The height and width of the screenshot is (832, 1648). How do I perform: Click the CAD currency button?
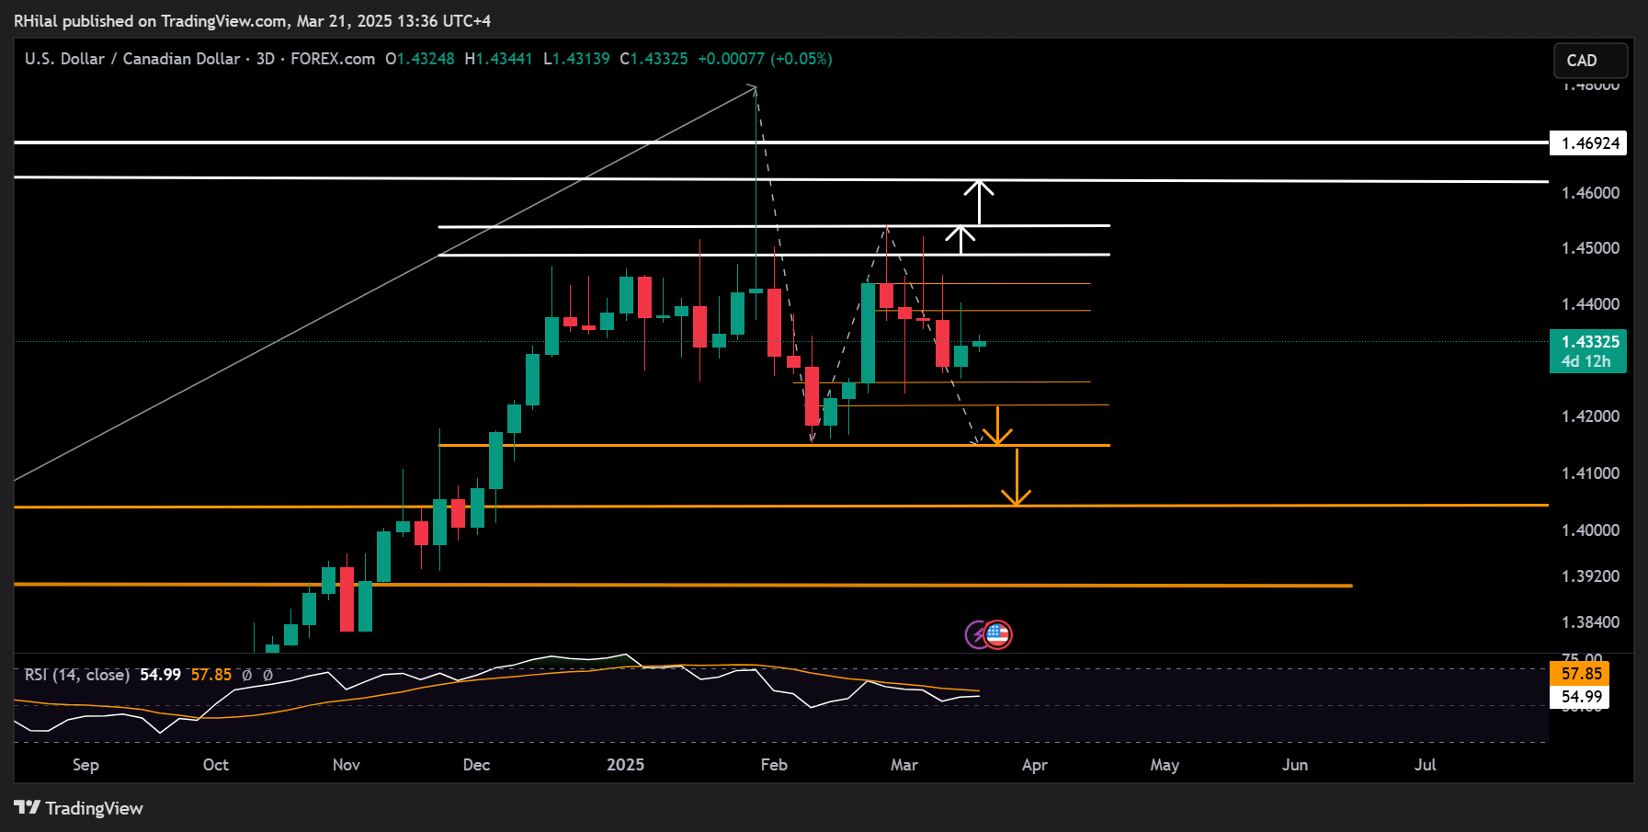point(1590,61)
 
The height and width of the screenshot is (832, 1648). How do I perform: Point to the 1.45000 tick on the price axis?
point(1590,248)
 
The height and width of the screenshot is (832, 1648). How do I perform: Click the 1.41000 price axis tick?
point(1590,473)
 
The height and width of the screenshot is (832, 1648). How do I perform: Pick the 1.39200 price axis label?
point(1590,576)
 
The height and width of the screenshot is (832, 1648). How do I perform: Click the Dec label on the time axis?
point(476,765)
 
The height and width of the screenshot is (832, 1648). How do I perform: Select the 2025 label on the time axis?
point(625,765)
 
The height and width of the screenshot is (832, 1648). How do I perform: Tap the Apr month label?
point(1034,765)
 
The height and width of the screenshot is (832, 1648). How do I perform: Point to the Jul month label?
point(1425,765)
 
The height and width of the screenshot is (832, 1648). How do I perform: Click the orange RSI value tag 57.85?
point(1581,674)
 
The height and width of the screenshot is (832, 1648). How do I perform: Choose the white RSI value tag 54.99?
point(1581,697)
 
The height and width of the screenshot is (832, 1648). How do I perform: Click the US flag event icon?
point(998,634)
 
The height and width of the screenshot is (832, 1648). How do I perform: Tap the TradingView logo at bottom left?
point(79,808)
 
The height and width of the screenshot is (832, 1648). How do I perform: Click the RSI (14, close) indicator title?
point(77,675)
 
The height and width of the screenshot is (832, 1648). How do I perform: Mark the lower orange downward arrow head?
point(1016,498)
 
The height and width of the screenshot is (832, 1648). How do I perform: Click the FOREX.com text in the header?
point(333,59)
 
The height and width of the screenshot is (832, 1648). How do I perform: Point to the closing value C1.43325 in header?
point(654,59)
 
